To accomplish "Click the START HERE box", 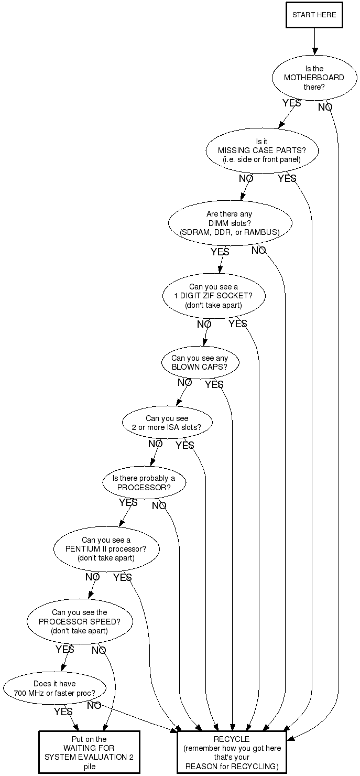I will coord(314,15).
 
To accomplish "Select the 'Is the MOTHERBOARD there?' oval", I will coord(314,78).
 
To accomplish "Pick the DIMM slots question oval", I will coord(230,223).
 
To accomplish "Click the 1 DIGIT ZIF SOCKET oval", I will coord(213,296).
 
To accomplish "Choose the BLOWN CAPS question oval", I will coord(200,363).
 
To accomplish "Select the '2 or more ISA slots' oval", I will coord(166,423).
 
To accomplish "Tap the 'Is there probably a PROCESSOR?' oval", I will coord(144,483).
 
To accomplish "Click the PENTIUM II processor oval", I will coord(106,549).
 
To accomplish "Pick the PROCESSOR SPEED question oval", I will coord(79,621).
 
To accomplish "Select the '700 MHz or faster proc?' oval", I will coord(54,688).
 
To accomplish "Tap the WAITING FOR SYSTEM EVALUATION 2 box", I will coord(89,752).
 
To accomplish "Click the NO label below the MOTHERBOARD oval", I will coord(325,107).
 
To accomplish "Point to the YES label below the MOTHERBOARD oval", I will coord(291,103).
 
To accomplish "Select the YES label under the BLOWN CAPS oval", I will coord(214,385).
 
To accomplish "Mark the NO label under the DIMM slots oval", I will coord(259,251).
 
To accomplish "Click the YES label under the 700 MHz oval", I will coord(63,712).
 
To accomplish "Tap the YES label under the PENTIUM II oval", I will coord(123,577).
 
